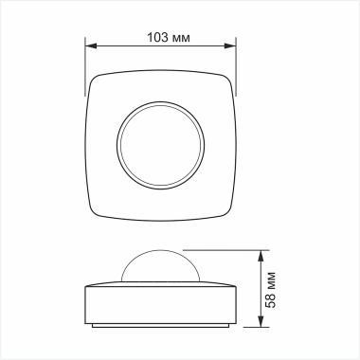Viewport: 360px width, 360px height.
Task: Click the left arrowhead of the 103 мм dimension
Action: click(90, 46)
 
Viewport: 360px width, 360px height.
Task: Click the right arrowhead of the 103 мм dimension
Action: click(230, 46)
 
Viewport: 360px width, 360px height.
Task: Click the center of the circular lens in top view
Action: click(160, 147)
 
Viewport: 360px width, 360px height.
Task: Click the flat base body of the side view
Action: click(160, 303)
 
